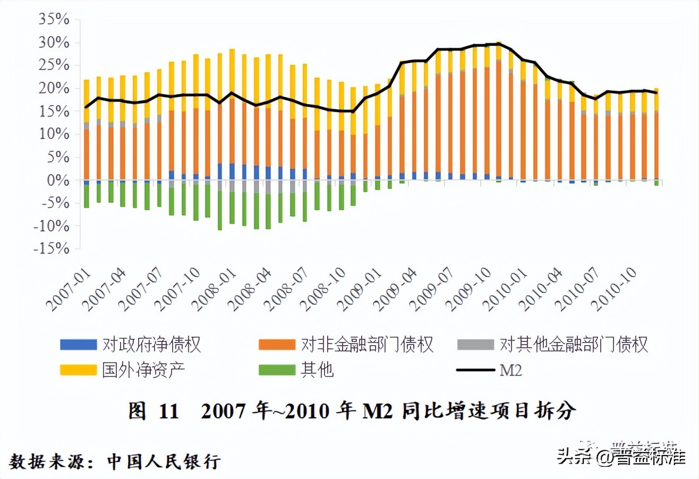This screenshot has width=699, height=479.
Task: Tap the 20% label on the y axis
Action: point(55,88)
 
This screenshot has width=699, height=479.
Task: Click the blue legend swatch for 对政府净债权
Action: point(78,345)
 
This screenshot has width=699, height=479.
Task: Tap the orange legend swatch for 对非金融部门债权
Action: point(276,345)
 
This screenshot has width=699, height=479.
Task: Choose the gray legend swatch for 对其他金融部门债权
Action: point(475,345)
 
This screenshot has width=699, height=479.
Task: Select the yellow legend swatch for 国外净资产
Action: point(78,370)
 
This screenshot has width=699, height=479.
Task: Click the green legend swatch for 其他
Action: point(276,370)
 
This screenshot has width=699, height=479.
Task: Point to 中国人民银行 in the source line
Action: point(164,460)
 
